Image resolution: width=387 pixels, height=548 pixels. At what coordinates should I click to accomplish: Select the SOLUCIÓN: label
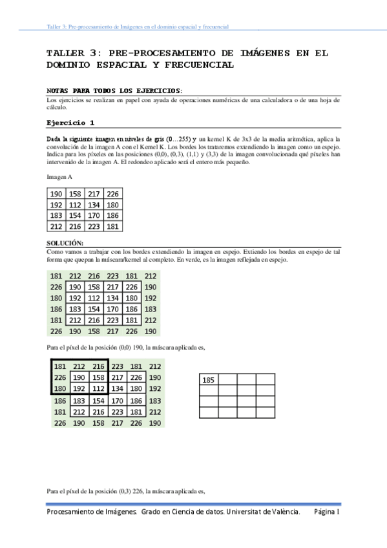(x=65, y=242)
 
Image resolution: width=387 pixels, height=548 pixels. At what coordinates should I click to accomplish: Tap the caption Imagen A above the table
(x=59, y=177)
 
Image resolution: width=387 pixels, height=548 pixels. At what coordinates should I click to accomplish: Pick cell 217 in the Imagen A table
(x=94, y=194)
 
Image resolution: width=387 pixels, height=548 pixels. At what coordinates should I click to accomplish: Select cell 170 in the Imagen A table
(x=94, y=216)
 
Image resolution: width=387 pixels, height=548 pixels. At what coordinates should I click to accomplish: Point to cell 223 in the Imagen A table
(x=94, y=227)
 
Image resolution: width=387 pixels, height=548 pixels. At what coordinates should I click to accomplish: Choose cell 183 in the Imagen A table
(x=57, y=216)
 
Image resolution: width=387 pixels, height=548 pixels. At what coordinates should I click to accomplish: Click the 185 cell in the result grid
(x=209, y=380)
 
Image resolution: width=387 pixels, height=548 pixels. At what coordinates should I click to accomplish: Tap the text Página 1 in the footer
(x=327, y=511)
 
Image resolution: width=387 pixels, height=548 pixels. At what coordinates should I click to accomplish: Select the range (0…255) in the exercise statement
(x=178, y=139)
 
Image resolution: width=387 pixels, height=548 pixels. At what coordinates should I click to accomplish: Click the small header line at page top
(x=138, y=27)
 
